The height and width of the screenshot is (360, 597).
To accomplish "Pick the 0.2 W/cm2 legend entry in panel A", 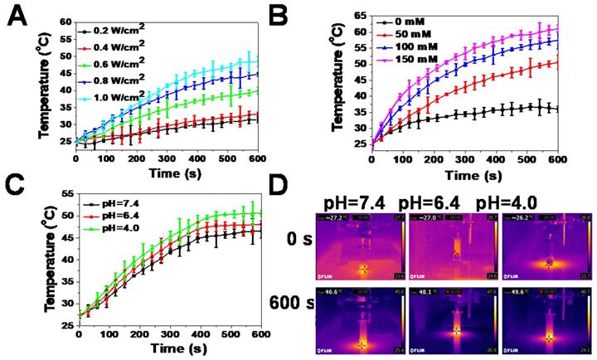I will tap(120, 31).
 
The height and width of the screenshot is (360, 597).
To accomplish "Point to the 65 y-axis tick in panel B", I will tap(358, 15).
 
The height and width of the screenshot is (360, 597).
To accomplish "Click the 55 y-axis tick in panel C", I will tap(66, 192).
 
